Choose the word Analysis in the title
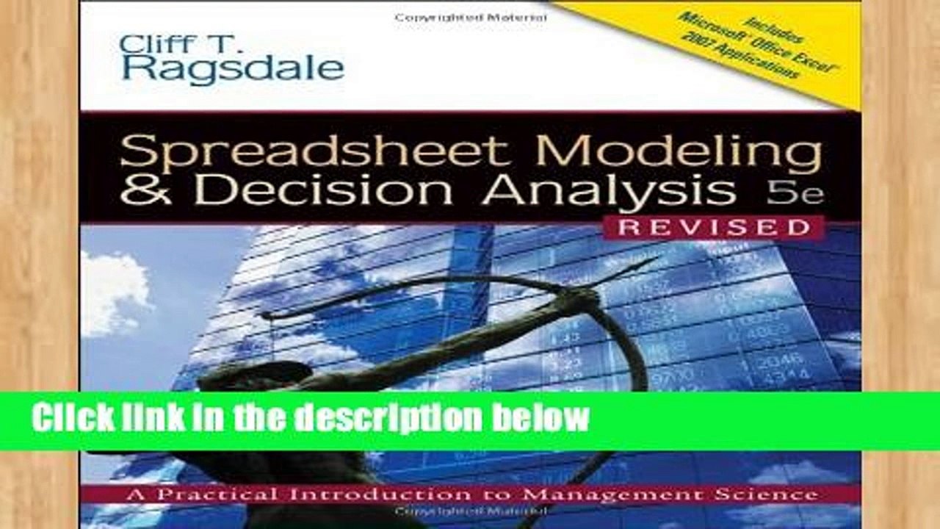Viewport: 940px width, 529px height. [x=609, y=190]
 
